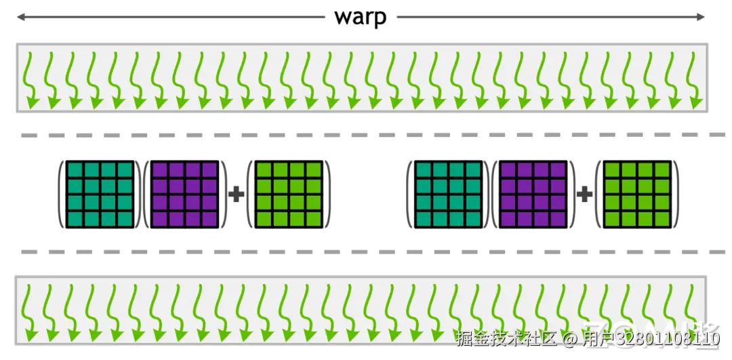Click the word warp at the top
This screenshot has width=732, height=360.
(x=360, y=18)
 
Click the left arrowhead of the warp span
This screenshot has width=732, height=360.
(x=20, y=18)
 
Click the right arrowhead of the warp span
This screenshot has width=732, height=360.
(x=704, y=18)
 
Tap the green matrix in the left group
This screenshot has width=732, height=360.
(x=287, y=194)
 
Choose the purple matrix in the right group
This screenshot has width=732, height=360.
(x=533, y=194)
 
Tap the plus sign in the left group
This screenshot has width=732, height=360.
(x=236, y=195)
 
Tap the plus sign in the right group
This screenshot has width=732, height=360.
(x=584, y=195)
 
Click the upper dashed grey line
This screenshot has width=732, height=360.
(x=366, y=136)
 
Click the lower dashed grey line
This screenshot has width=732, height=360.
(x=366, y=252)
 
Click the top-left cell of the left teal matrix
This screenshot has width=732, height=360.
(x=75, y=169)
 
